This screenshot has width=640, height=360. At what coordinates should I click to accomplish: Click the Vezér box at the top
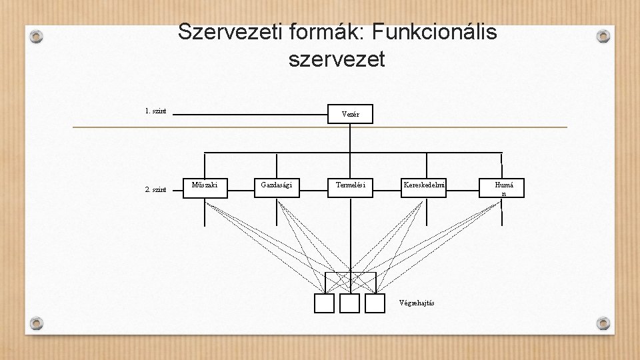click(350, 114)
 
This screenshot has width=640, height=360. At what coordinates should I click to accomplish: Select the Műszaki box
click(205, 187)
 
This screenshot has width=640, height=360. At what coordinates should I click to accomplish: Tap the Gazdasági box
click(277, 187)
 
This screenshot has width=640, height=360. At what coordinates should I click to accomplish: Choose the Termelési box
click(350, 187)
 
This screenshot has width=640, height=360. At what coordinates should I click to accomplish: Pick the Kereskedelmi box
click(423, 187)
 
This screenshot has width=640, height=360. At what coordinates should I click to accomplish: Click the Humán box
click(503, 188)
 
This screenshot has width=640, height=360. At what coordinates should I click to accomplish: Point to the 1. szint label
click(155, 111)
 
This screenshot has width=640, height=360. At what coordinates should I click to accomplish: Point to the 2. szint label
click(155, 190)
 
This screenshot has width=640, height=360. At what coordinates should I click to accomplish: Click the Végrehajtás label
click(417, 303)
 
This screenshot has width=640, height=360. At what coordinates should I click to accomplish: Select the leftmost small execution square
click(324, 303)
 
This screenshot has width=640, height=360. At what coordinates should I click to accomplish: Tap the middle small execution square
click(349, 303)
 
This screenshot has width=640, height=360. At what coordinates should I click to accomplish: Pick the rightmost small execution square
click(375, 303)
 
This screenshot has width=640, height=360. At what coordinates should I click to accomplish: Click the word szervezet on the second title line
click(337, 59)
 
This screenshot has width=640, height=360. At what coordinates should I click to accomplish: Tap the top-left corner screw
click(37, 37)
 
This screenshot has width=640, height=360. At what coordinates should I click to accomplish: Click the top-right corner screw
click(603, 37)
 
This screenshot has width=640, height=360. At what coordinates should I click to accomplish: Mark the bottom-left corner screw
click(37, 324)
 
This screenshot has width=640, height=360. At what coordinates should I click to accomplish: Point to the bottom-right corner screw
click(603, 324)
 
